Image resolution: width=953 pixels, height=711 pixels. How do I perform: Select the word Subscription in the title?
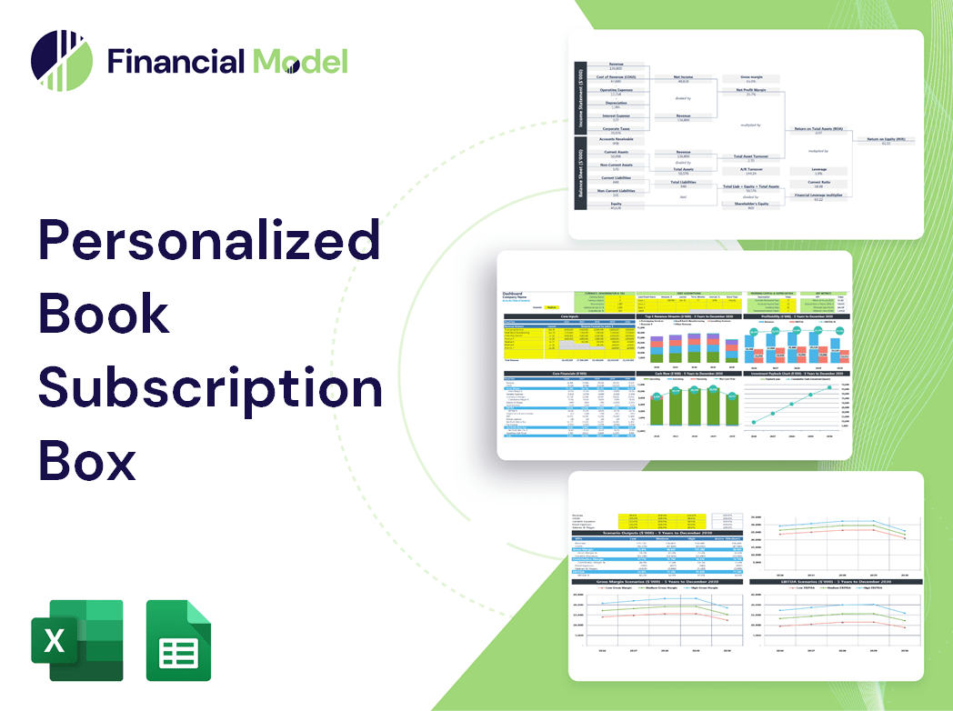point(209,388)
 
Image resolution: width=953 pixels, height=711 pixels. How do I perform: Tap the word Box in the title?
point(87,461)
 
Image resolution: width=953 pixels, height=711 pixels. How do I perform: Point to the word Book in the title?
point(104,315)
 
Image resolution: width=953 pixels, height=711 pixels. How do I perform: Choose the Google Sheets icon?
point(179,640)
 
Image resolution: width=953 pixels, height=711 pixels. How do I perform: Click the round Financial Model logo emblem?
point(62,61)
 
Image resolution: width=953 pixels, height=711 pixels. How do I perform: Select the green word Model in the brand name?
point(300,61)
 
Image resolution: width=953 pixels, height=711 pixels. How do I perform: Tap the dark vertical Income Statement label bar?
point(579,99)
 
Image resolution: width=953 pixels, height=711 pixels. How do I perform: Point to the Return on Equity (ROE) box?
point(885,140)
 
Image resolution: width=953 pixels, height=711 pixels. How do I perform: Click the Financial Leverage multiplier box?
point(818,195)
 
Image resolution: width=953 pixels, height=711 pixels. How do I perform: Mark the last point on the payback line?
point(829,388)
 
